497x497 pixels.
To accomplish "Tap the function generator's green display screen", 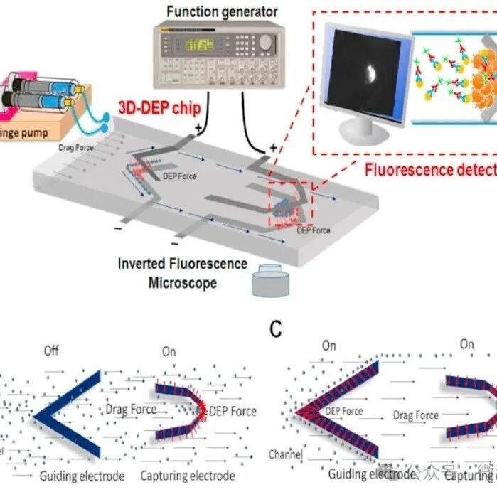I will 200,45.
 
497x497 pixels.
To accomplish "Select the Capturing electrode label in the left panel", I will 188,476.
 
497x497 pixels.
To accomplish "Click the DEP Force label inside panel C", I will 343,411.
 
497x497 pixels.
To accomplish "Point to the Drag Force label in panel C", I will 416,415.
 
